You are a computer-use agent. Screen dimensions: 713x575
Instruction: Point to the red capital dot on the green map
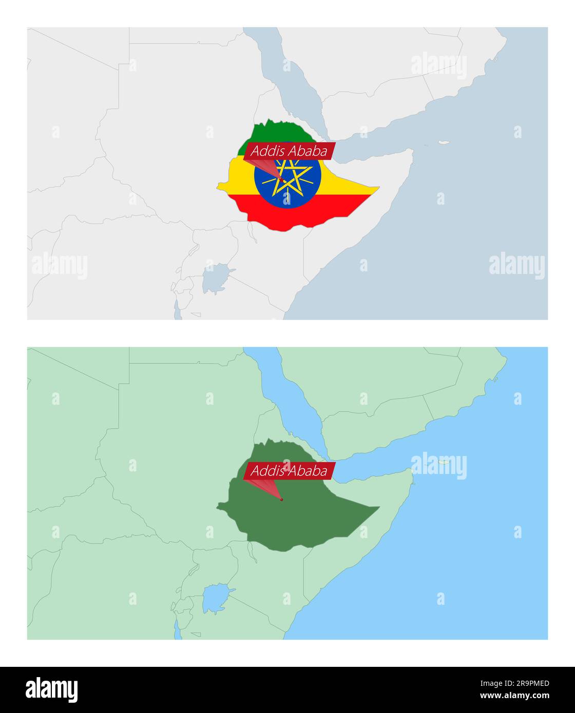(281, 499)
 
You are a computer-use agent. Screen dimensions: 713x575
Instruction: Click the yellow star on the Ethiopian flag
(290, 177)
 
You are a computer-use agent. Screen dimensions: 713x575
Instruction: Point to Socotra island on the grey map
(444, 143)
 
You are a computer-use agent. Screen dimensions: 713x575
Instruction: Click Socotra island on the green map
(444, 462)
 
